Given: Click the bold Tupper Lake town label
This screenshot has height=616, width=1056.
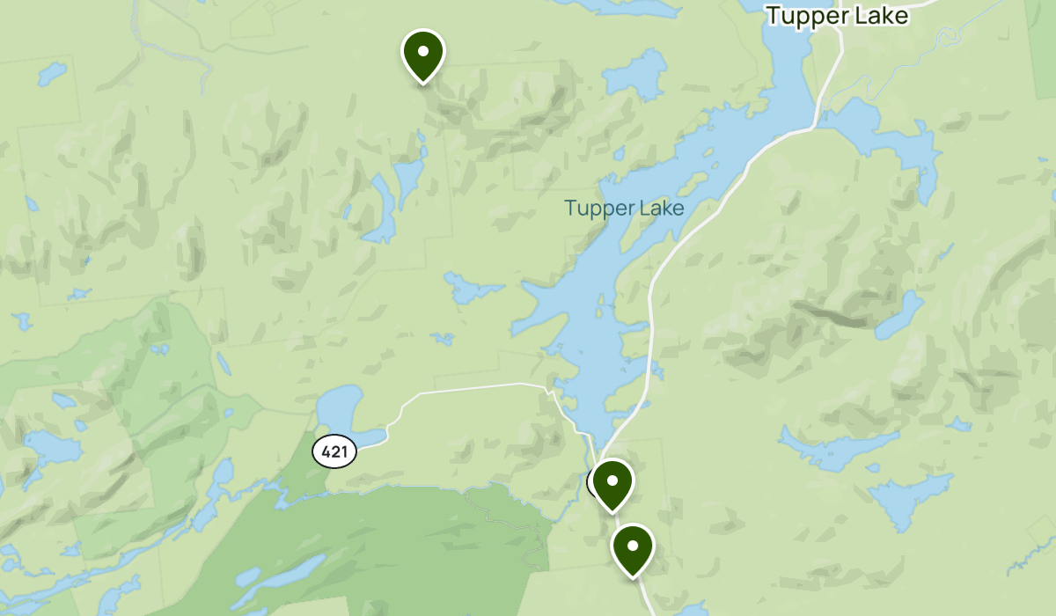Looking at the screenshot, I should (836, 16).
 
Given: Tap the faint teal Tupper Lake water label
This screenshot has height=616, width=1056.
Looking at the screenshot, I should (624, 209).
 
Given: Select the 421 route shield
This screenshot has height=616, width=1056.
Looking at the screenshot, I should (334, 452).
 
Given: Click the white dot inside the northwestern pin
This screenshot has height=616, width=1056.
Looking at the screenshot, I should (423, 51).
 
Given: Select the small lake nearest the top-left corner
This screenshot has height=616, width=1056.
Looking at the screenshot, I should (51, 71).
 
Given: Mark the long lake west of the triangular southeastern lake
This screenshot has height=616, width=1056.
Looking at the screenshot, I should (836, 449).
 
